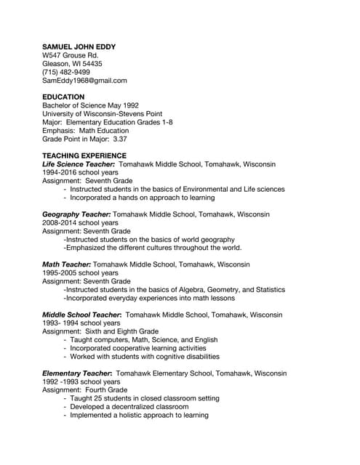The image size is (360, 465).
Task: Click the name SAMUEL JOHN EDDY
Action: (79, 46)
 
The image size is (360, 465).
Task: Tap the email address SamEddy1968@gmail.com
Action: (84, 81)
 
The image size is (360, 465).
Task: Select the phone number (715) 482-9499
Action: (66, 72)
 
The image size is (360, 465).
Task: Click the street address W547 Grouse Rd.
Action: (70, 55)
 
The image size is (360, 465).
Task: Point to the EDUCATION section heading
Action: (63, 97)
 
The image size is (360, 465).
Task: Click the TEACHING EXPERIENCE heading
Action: (84, 155)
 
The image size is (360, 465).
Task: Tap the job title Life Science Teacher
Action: (79, 164)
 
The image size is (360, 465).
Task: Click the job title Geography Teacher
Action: (76, 214)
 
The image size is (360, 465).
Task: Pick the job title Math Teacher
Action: (66, 264)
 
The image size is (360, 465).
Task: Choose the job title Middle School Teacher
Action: (81, 315)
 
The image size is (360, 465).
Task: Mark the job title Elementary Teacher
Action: (76, 373)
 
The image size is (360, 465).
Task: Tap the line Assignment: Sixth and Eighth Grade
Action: (100, 331)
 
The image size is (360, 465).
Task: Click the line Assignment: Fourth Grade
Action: (84, 390)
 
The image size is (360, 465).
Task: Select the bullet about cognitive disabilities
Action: (145, 357)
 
